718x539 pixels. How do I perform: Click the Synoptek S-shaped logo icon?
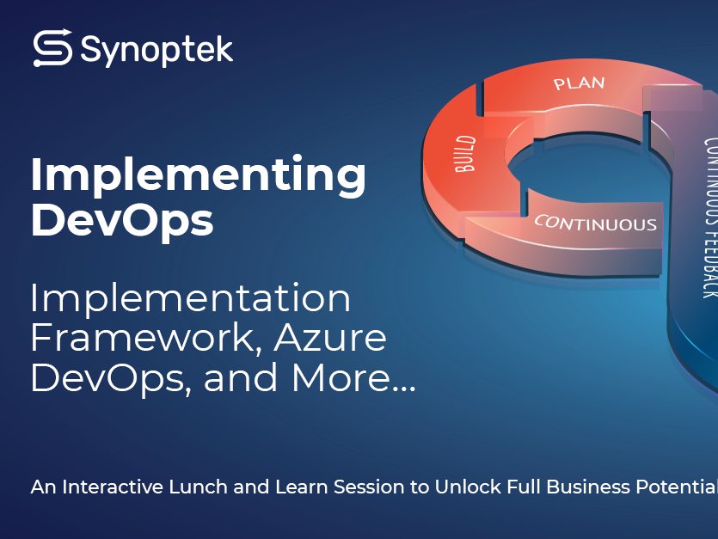pos(52,48)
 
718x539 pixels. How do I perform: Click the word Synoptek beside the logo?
pos(156,50)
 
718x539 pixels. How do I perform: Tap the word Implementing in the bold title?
pos(199,176)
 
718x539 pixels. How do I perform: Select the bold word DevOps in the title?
pos(122,221)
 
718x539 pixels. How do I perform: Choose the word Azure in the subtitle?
pos(330,338)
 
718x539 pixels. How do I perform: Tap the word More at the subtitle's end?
pos(342,377)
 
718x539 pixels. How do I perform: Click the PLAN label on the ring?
pos(580,83)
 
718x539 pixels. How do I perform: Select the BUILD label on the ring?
pos(465,153)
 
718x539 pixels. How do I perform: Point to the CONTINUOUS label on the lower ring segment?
pos(595,223)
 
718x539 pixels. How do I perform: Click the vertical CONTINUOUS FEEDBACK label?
pos(710,218)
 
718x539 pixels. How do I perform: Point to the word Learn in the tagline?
pos(301,487)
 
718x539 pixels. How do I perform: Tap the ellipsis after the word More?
pos(405,389)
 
